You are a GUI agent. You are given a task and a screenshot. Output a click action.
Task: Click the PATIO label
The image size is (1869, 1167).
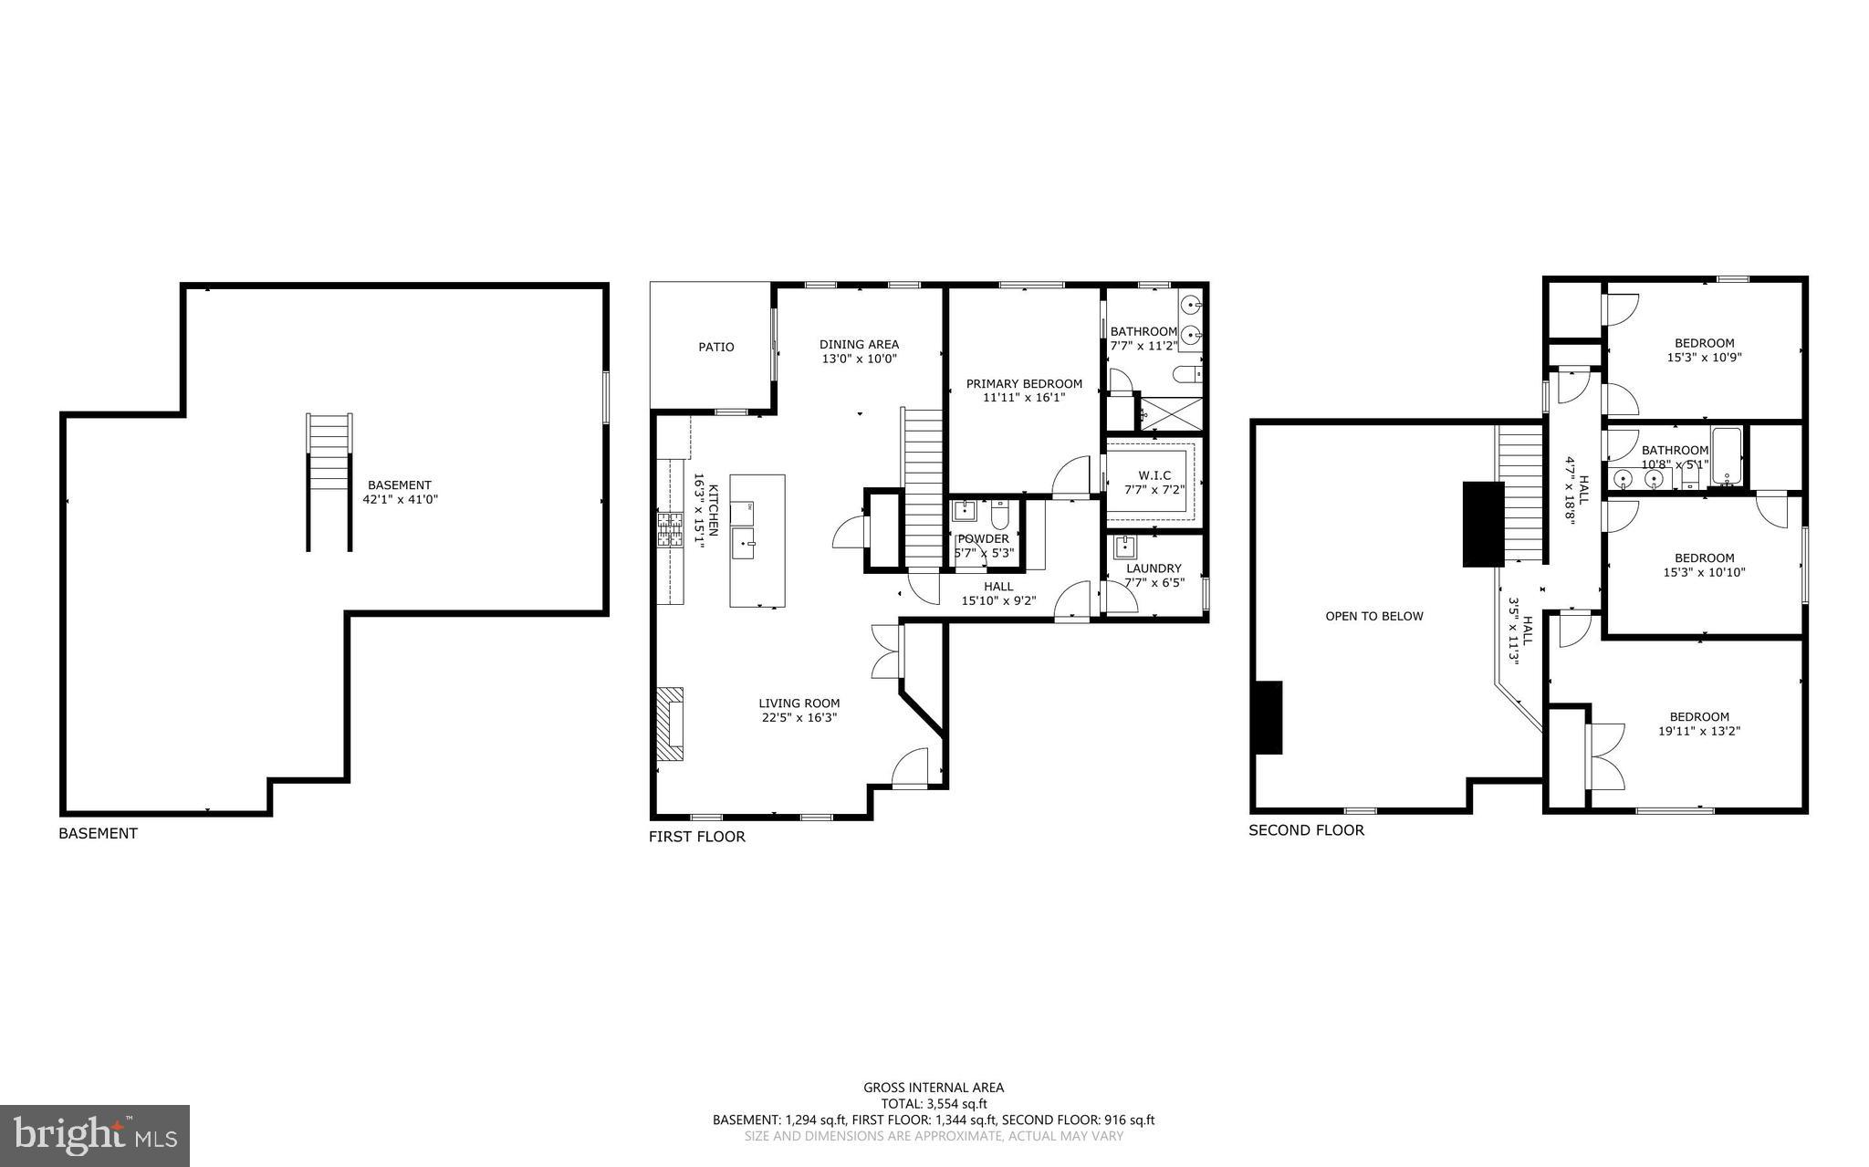point(715,347)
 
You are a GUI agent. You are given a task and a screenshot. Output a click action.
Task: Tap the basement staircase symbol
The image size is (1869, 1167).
point(329,482)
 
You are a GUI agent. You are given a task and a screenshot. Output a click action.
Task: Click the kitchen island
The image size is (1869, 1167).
point(757,540)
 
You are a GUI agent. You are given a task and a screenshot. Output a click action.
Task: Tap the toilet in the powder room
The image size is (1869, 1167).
point(999,516)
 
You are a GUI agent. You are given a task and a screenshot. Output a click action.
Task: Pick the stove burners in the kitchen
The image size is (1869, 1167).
point(670,530)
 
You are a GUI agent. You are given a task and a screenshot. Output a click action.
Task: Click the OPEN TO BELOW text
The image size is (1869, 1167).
point(1373,616)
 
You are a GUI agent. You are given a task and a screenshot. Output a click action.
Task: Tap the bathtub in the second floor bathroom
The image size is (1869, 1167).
point(1727,456)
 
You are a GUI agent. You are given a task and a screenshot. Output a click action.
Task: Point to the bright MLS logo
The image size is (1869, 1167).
point(95,1135)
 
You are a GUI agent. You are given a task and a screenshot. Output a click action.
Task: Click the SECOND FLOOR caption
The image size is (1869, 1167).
point(1306,830)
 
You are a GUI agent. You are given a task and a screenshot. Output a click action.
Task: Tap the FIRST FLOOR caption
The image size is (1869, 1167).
point(696,837)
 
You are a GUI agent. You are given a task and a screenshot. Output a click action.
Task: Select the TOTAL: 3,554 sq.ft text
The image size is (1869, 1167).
point(934,1103)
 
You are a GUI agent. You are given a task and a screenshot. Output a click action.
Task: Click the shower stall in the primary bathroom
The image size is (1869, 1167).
point(1172,412)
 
